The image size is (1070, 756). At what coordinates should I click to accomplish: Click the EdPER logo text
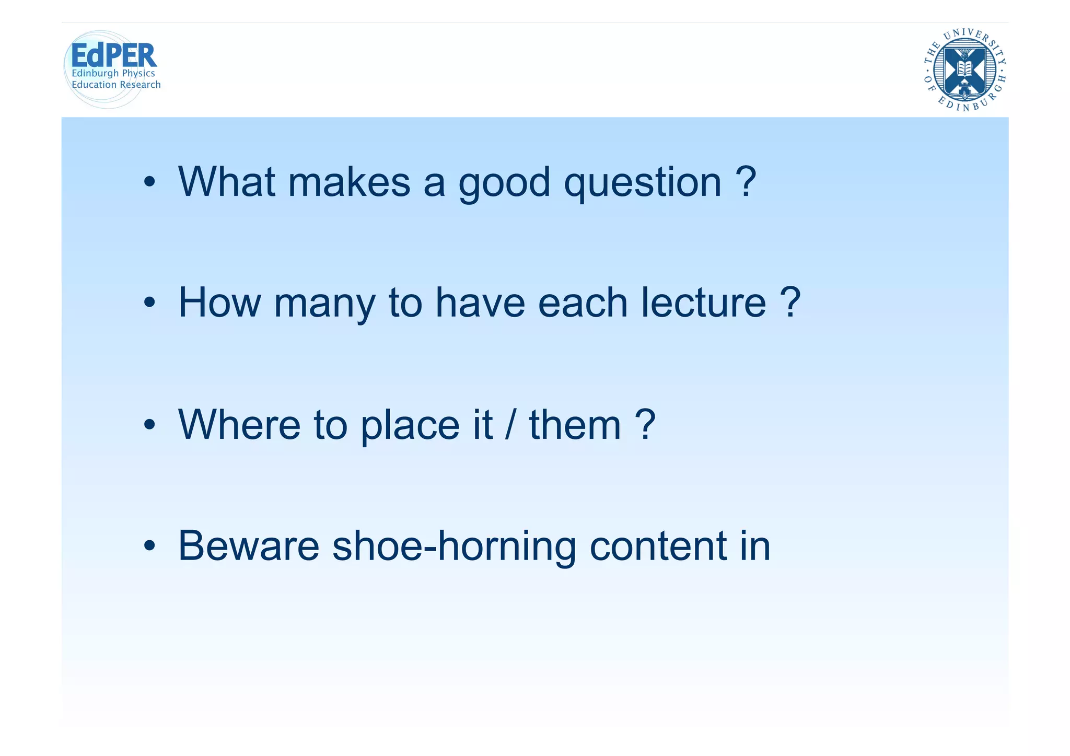113,55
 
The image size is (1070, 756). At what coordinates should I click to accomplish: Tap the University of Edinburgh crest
964,69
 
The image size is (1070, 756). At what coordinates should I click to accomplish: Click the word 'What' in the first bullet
226,182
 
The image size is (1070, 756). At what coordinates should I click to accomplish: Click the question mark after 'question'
746,181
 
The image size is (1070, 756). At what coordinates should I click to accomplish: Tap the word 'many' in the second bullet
324,304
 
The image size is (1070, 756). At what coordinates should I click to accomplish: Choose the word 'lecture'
704,303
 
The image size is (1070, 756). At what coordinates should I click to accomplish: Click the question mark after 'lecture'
789,303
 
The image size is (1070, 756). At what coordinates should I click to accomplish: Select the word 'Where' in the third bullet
239,424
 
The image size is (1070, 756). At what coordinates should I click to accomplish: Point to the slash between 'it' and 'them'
510,424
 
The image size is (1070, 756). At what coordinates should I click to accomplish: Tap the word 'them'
575,424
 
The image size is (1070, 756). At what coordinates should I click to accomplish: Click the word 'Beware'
249,546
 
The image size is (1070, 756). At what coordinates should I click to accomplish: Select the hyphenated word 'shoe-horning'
454,546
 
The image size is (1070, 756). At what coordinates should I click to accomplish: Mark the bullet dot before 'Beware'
150,546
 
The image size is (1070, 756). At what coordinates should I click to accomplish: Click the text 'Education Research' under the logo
116,85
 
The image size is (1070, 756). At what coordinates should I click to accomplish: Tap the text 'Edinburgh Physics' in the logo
113,73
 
